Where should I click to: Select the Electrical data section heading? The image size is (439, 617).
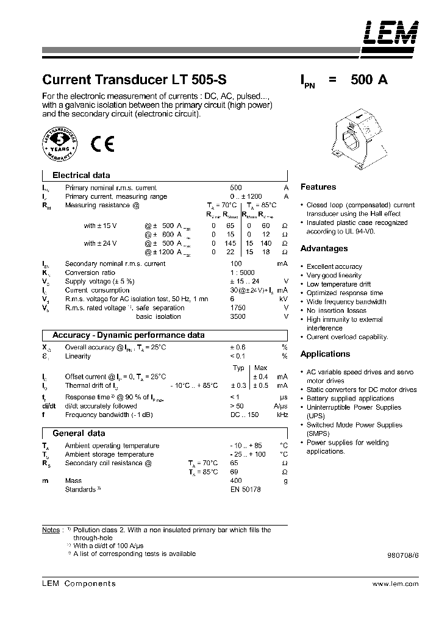click(x=81, y=175)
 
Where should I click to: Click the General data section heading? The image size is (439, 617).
click(x=79, y=433)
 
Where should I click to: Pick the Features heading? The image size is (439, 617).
click(x=318, y=187)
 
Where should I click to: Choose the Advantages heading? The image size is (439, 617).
click(x=324, y=249)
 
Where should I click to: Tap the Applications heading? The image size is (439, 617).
click(x=325, y=354)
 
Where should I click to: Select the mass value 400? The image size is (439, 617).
click(x=236, y=481)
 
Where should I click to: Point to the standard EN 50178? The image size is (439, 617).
click(x=245, y=490)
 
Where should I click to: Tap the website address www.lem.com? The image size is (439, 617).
click(x=395, y=584)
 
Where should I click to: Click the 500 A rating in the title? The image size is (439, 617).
click(x=369, y=80)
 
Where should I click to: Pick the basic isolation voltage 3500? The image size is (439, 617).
click(x=238, y=316)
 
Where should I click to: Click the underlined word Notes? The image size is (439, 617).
click(x=51, y=530)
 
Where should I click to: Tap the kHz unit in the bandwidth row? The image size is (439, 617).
click(x=282, y=415)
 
